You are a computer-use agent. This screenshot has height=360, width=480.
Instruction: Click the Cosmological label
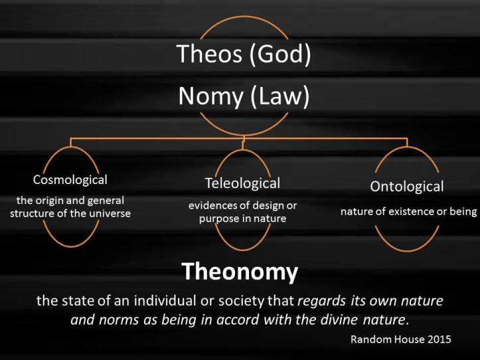point(70,179)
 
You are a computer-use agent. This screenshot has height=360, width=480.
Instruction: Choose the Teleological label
point(242,183)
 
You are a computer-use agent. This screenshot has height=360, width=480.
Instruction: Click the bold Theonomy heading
point(240,271)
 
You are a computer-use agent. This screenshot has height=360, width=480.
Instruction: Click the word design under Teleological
point(263,205)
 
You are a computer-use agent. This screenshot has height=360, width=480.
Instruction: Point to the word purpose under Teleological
point(221,218)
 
